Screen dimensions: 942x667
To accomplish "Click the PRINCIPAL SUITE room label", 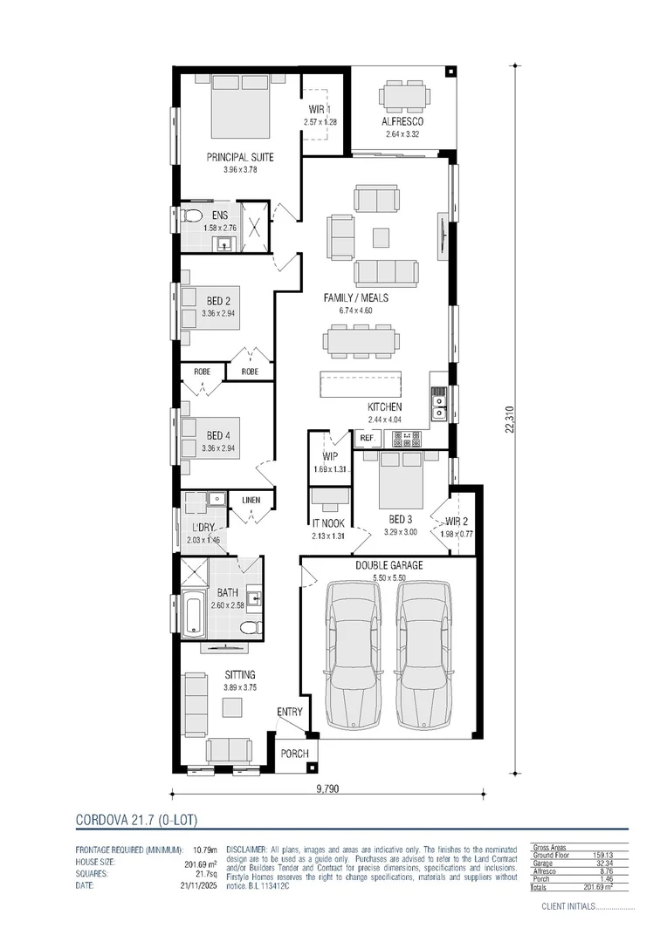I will pos(240,157).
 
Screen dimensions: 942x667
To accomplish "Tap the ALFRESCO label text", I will pos(402,122).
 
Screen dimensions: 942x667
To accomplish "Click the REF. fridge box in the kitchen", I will pos(367,438).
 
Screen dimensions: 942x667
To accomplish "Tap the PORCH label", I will pos(294,753).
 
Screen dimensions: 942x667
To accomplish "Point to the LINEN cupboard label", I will pos(251,500).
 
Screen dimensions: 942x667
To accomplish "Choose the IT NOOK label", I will pos(329,523).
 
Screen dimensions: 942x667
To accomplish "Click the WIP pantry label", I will pos(330,456).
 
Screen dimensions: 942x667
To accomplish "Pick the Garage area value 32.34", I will pos(600,863).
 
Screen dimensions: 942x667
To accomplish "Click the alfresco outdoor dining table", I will pos(403,94).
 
